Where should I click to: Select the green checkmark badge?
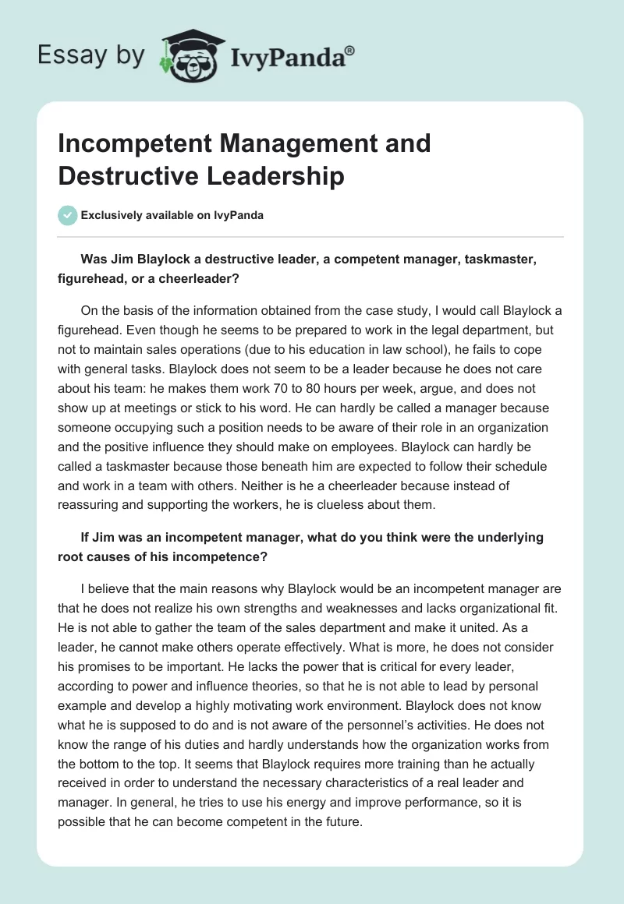(x=68, y=215)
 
